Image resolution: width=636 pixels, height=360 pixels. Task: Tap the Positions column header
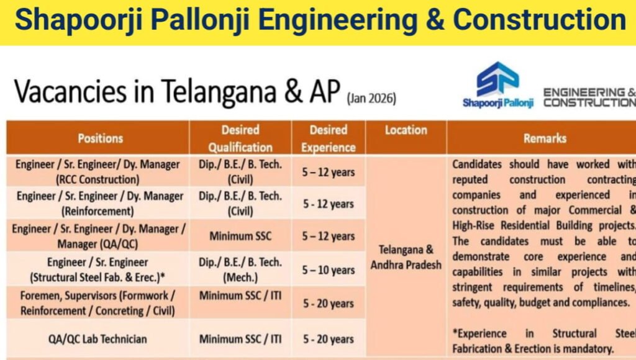pyautogui.click(x=100, y=138)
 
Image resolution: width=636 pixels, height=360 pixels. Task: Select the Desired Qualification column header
pyautogui.click(x=240, y=138)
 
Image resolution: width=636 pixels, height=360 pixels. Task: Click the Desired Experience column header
pyautogui.click(x=328, y=138)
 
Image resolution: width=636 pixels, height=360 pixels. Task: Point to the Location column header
pyautogui.click(x=406, y=130)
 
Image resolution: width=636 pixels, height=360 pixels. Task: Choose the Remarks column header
pyautogui.click(x=544, y=138)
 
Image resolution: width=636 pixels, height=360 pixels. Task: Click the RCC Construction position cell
pyautogui.click(x=98, y=172)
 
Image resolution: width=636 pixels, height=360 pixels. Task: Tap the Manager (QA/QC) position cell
pyautogui.click(x=99, y=236)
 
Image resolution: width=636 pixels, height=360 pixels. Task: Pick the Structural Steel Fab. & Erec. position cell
pyautogui.click(x=98, y=269)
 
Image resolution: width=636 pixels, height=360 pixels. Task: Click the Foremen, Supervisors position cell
pyautogui.click(x=98, y=302)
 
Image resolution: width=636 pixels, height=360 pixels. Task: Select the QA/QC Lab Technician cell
pyautogui.click(x=98, y=339)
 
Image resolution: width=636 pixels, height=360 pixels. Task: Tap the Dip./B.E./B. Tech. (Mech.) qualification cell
pyautogui.click(x=240, y=269)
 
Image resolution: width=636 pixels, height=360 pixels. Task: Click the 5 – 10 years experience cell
pyautogui.click(x=328, y=270)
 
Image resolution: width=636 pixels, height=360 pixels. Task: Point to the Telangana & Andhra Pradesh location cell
pyautogui.click(x=406, y=258)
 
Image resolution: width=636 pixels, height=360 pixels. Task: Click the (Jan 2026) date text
pyautogui.click(x=371, y=98)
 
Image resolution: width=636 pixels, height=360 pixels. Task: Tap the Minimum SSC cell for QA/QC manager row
pyautogui.click(x=240, y=236)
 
